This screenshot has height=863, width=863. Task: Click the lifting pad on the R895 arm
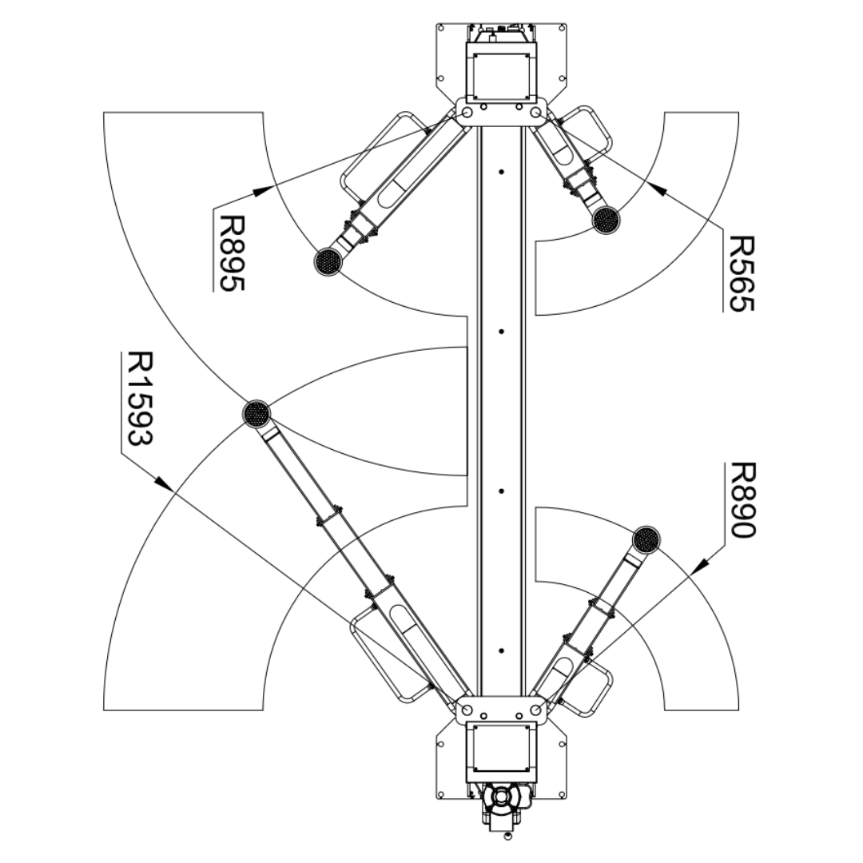pyautogui.click(x=328, y=261)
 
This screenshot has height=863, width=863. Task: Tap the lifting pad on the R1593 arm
pyautogui.click(x=256, y=413)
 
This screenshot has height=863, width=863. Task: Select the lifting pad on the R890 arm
pyautogui.click(x=646, y=540)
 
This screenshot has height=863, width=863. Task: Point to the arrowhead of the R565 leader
pyautogui.click(x=656, y=189)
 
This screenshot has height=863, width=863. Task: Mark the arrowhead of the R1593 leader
pyautogui.click(x=163, y=483)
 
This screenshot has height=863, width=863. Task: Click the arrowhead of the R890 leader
pyautogui.click(x=698, y=567)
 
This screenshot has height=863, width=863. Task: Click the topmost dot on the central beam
pyautogui.click(x=500, y=171)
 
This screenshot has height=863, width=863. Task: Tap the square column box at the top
pyautogui.click(x=501, y=76)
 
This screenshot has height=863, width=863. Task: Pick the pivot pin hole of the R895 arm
pyautogui.click(x=467, y=113)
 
